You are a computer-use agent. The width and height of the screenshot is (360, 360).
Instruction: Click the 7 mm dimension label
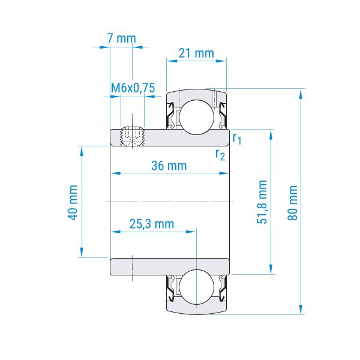122,38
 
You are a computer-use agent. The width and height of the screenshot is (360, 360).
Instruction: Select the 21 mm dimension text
196,53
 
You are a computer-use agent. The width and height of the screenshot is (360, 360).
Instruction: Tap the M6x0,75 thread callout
133,88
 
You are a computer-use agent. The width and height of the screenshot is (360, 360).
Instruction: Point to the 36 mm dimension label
169,166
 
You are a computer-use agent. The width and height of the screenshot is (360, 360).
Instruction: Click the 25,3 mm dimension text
152,224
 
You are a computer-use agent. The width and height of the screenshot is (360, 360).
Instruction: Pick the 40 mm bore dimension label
73,203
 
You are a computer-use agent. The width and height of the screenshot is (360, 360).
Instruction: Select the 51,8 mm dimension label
262,202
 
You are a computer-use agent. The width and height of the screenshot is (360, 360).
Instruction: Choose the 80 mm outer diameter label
293,203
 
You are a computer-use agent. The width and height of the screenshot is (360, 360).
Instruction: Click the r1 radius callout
237,139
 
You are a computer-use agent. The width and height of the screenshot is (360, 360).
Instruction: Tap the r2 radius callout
220,155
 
